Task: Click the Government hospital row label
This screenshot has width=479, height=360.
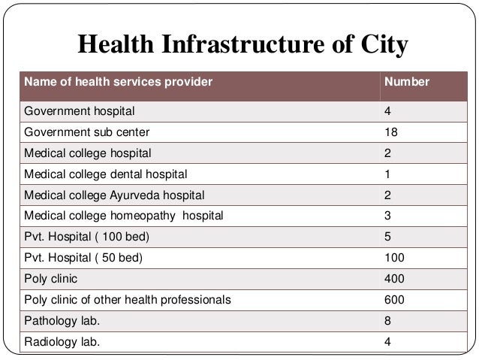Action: click(80, 111)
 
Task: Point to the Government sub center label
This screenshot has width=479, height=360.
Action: click(86, 132)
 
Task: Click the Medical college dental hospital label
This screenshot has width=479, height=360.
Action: click(106, 174)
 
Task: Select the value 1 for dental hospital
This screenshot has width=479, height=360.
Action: click(387, 174)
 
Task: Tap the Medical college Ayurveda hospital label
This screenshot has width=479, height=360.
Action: click(113, 195)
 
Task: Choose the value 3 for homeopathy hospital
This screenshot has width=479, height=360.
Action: click(387, 216)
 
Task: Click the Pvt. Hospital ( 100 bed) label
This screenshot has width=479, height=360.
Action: click(86, 237)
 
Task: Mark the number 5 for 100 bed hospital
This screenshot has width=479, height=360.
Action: click(387, 237)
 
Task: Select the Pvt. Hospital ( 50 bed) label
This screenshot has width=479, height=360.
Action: click(83, 259)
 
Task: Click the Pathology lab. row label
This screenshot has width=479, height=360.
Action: click(62, 322)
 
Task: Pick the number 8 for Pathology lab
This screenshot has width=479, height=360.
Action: click(387, 322)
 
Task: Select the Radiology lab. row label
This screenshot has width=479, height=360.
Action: click(62, 343)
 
